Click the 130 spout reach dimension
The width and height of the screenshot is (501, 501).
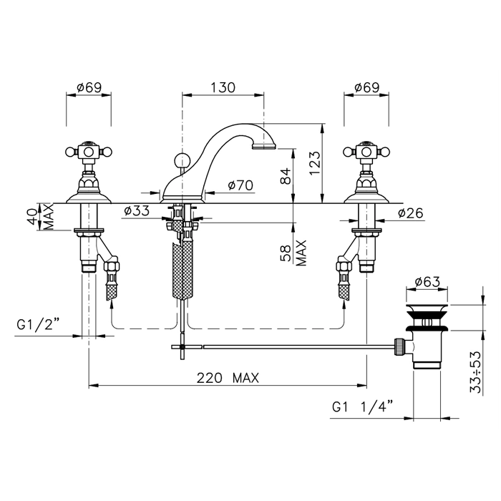[x=223, y=87]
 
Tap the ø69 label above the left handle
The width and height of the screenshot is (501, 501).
[x=89, y=87]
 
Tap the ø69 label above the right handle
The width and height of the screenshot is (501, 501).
[x=366, y=87]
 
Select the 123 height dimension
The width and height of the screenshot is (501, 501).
[x=314, y=163]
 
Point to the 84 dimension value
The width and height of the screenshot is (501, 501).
[x=286, y=176]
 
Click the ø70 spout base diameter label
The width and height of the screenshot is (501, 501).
[x=240, y=185]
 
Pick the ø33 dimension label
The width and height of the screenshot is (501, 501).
[x=137, y=211]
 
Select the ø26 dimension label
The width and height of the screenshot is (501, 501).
[x=410, y=213]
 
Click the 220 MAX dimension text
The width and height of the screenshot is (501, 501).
[x=228, y=379]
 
